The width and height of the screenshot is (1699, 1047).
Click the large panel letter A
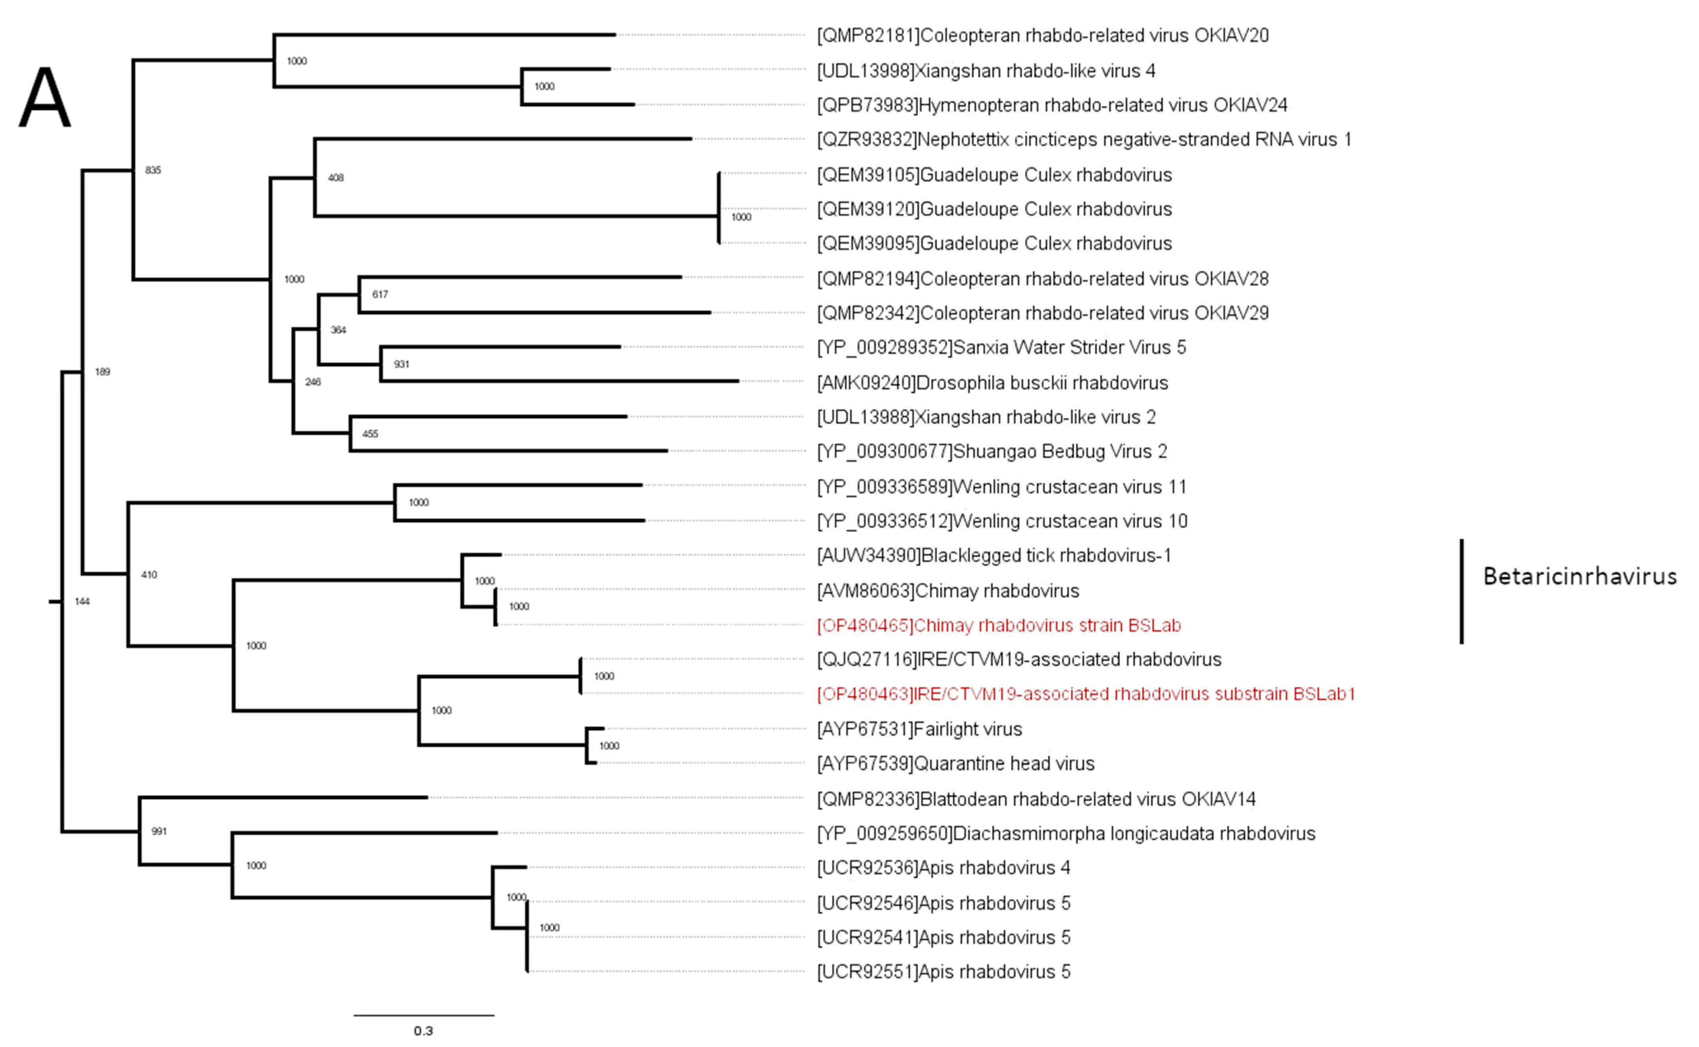point(45,99)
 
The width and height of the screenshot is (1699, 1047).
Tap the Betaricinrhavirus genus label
point(1579,576)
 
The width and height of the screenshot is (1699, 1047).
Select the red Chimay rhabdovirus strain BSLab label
point(999,625)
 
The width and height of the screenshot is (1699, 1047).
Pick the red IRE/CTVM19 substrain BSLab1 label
point(1085,694)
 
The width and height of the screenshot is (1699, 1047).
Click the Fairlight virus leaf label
point(919,729)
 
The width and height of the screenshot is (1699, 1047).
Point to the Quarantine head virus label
point(956,764)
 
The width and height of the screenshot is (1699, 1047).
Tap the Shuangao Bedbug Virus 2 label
point(992,452)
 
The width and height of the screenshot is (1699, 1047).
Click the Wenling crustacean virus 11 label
point(1002,487)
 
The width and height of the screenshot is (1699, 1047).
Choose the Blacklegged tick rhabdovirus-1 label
point(994,555)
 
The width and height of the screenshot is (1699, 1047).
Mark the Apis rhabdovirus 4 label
point(943,868)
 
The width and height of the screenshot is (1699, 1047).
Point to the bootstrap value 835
point(153,170)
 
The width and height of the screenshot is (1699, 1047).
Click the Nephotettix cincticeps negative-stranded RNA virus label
point(1084,140)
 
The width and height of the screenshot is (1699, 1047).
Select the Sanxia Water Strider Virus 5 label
point(1002,348)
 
